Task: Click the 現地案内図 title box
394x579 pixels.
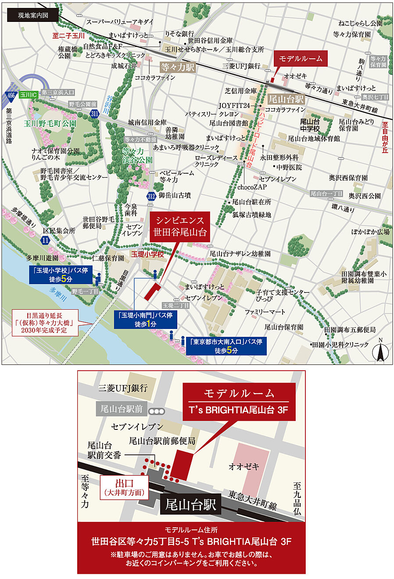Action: pyautogui.click(x=32, y=15)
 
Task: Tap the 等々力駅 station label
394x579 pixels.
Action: pyautogui.click(x=177, y=68)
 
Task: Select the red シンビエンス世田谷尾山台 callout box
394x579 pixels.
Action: pyautogui.click(x=179, y=227)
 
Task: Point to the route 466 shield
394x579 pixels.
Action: pyautogui.click(x=11, y=95)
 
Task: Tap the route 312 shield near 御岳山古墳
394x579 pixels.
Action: pyautogui.click(x=151, y=196)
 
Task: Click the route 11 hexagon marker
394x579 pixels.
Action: pyautogui.click(x=45, y=240)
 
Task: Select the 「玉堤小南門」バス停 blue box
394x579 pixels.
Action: pyautogui.click(x=145, y=319)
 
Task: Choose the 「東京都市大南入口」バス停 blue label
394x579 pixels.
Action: pyautogui.click(x=226, y=346)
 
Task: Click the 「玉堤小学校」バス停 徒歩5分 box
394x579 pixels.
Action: pyautogui.click(x=61, y=275)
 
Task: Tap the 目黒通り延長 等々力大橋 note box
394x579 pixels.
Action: pyautogui.click(x=45, y=322)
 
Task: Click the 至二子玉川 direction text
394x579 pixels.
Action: pyautogui.click(x=68, y=36)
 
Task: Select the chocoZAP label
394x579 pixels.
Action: pyautogui.click(x=252, y=187)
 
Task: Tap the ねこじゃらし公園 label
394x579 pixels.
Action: pyautogui.click(x=360, y=23)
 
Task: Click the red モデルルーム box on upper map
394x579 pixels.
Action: pyautogui.click(x=301, y=59)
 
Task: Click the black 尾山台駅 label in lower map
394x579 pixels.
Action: pyautogui.click(x=190, y=505)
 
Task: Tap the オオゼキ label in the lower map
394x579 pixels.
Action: pyautogui.click(x=244, y=467)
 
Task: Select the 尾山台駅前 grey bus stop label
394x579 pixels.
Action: pyautogui.click(x=122, y=409)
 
